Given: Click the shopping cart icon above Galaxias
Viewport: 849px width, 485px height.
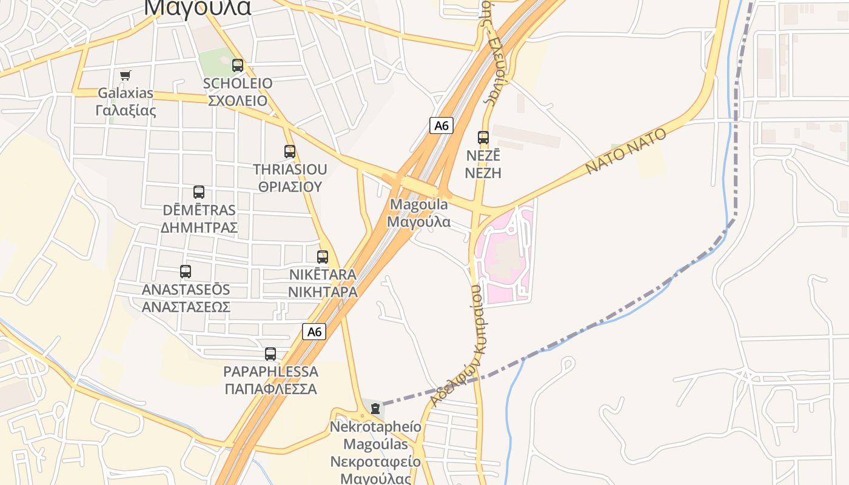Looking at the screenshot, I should [x=125, y=75].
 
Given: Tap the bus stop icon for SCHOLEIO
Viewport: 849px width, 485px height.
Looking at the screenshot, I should [x=238, y=65].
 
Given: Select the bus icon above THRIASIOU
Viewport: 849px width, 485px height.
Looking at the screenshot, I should [x=290, y=151].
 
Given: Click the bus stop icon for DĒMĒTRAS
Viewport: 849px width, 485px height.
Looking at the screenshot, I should [x=199, y=192].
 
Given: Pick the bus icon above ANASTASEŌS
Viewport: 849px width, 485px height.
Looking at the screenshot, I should [x=186, y=272].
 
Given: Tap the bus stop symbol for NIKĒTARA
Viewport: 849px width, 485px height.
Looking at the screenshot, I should [x=323, y=256].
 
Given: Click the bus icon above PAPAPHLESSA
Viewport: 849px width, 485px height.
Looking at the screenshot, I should [x=270, y=353].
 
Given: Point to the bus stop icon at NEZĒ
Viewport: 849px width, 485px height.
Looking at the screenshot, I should [x=483, y=137].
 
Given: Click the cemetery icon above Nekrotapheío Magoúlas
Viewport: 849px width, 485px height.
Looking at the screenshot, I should [x=375, y=408].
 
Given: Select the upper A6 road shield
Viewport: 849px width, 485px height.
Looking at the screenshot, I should [x=441, y=125].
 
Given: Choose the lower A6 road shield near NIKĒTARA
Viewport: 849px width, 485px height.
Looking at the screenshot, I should [x=314, y=332].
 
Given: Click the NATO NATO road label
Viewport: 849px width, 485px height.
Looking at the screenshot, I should [x=626, y=150].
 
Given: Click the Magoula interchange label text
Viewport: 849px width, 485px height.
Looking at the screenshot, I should [x=419, y=204].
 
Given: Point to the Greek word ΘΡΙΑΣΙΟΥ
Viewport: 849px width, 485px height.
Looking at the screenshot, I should [x=290, y=187].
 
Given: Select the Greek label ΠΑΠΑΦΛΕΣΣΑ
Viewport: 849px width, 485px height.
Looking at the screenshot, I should [x=270, y=389].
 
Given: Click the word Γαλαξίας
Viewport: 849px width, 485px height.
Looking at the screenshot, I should [x=126, y=111].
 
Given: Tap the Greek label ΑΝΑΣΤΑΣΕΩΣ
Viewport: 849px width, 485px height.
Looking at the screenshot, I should [x=186, y=307].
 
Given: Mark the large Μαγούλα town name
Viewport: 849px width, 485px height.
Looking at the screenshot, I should [x=198, y=7].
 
